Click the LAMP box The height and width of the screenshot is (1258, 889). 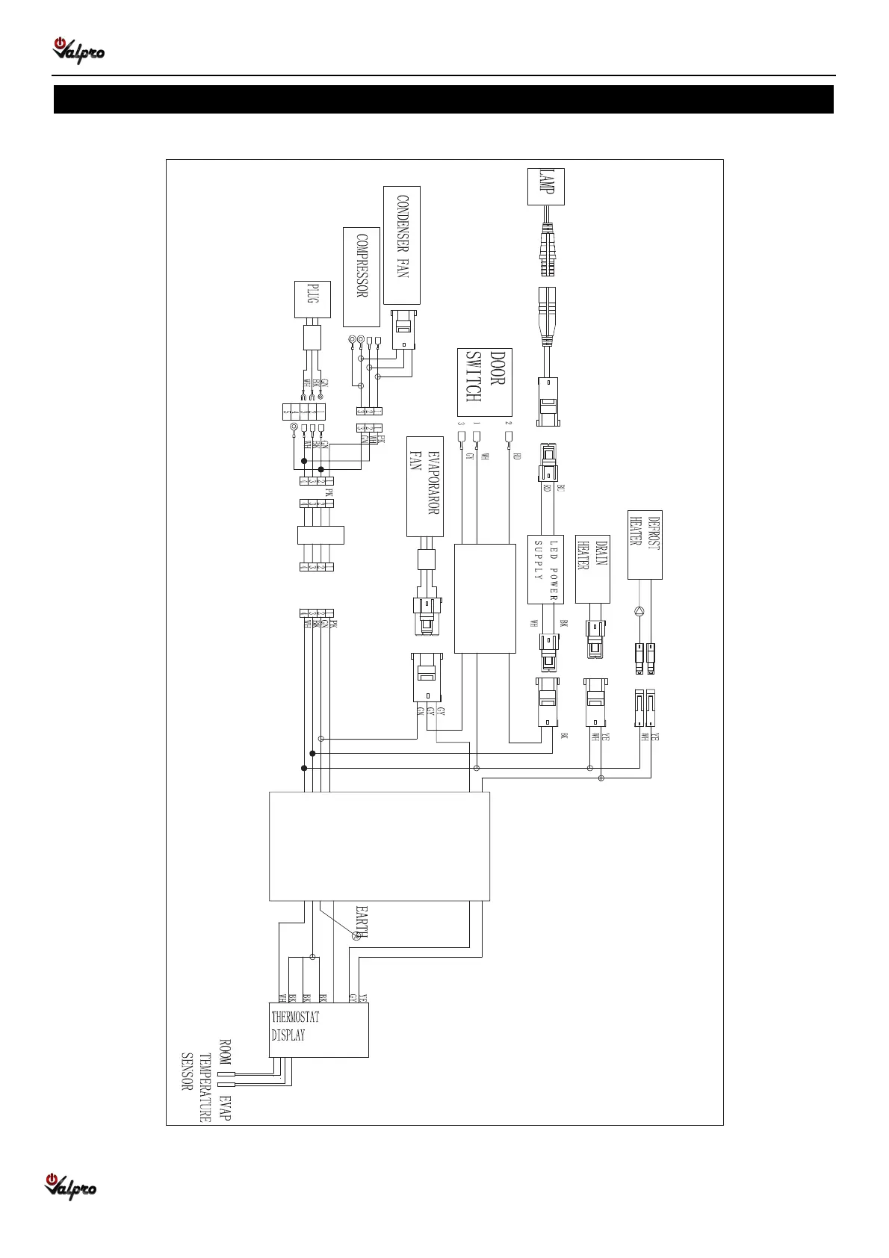click(546, 186)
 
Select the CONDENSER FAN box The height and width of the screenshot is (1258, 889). click(402, 245)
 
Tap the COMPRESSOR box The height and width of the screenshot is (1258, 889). click(362, 276)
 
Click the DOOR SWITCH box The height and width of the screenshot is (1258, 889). click(484, 382)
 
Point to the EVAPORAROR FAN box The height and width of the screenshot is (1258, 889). click(425, 486)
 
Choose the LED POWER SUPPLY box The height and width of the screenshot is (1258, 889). click(545, 569)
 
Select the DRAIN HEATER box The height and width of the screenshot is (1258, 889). click(592, 568)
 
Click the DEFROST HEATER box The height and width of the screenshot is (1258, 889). click(645, 545)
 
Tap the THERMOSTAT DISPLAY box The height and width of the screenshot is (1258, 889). click(319, 1029)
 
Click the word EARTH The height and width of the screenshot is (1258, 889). click(361, 922)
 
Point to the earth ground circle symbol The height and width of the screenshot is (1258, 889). click(356, 936)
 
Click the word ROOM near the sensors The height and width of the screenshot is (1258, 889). click(224, 1051)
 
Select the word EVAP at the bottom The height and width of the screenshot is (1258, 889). click(226, 1108)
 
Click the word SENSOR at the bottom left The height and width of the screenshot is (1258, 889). click(188, 1071)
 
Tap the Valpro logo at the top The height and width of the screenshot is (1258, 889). click(78, 50)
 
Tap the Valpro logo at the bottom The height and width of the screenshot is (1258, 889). click(72, 1185)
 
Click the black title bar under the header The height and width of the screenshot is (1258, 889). click(444, 99)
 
